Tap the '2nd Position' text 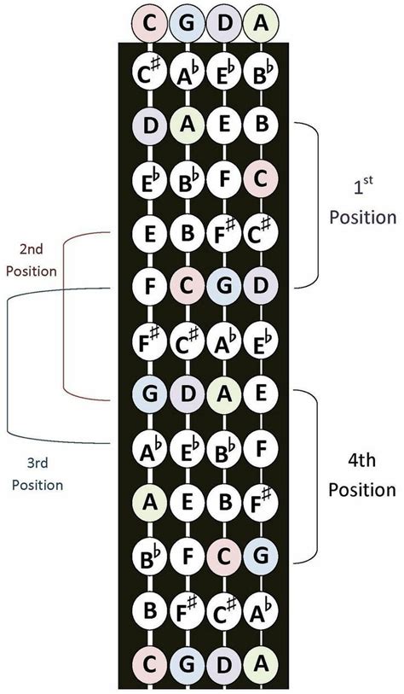[x=33, y=261]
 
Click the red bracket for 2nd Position [x=66, y=316]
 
